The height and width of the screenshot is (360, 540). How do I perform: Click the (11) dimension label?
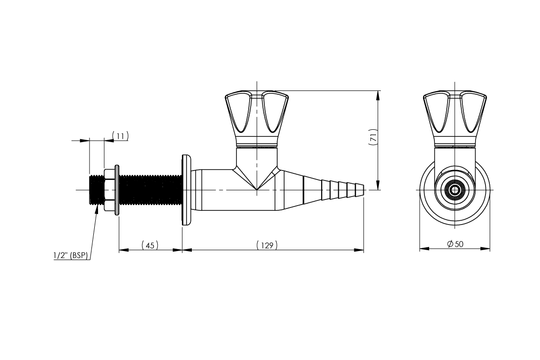(x=120, y=136)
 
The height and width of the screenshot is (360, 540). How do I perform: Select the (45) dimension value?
(x=150, y=245)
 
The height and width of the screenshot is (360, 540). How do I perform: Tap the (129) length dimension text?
(x=267, y=245)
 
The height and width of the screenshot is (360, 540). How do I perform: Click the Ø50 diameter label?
(x=455, y=244)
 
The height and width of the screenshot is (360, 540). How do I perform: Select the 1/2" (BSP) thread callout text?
(x=71, y=256)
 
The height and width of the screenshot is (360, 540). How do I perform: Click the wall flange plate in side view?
(x=185, y=189)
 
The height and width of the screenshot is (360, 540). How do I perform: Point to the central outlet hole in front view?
(x=455, y=190)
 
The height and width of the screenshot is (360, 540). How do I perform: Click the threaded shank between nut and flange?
(x=149, y=189)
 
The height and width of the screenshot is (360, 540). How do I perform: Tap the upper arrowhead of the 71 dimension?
(x=378, y=95)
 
